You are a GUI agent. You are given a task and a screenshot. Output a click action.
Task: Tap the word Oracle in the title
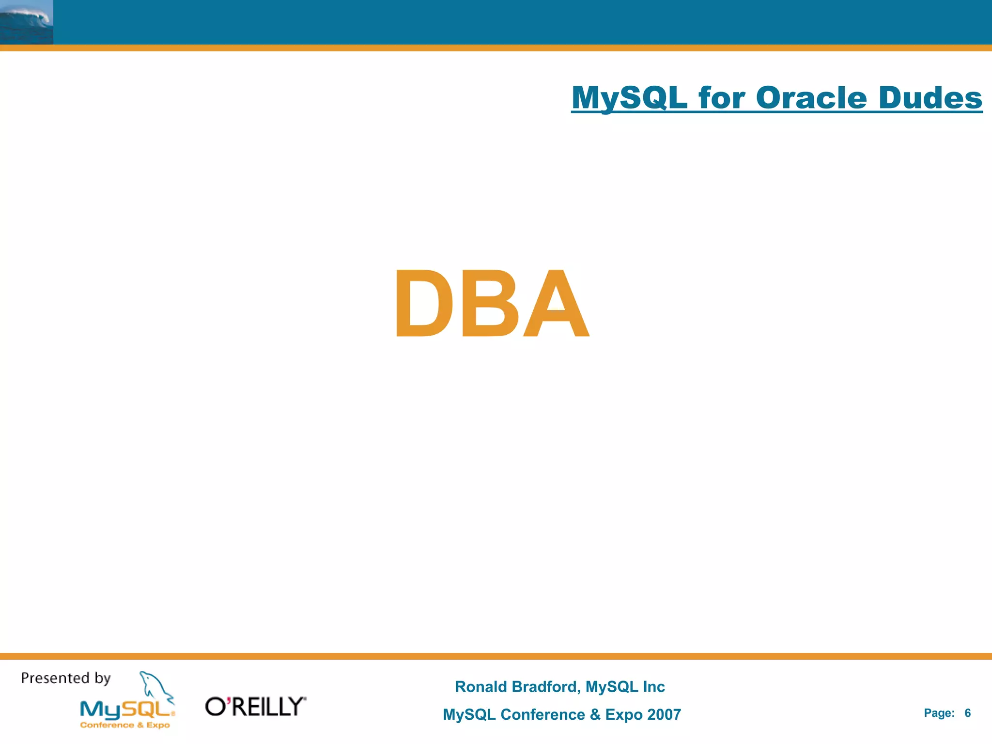pos(811,98)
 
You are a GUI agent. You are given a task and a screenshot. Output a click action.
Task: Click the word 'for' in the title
pos(722,98)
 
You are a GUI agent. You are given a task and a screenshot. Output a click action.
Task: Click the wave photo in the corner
pos(27,22)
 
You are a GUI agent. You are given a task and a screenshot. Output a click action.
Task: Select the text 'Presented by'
pos(66,678)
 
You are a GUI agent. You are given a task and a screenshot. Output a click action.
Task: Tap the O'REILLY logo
pos(256,707)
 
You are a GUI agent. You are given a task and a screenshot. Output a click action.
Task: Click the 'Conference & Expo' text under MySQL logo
pos(125,725)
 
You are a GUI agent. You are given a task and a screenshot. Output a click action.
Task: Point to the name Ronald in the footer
pos(481,687)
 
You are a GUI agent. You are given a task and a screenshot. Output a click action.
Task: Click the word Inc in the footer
pos(653,687)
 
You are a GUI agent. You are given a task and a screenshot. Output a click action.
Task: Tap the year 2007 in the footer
pos(664,714)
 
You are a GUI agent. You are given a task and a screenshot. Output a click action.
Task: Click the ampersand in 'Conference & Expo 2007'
pos(595,714)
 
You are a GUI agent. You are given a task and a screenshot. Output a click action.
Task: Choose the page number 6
pos(967,713)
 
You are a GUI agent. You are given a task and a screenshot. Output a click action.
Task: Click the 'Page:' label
pos(939,713)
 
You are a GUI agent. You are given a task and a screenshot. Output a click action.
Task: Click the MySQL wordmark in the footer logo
pos(126,710)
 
